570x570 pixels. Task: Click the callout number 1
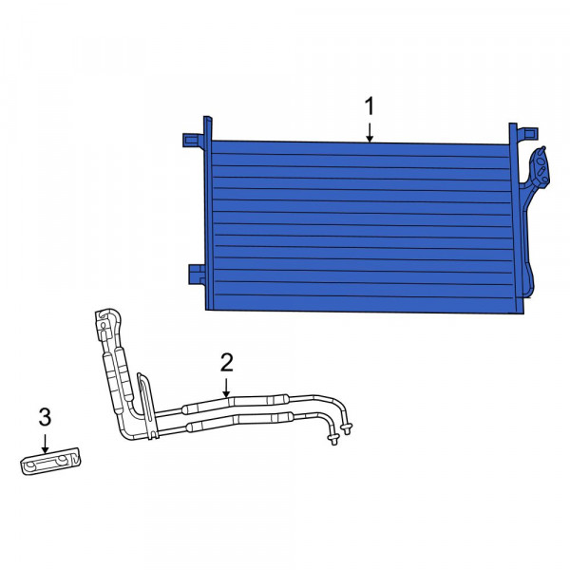tap(370, 105)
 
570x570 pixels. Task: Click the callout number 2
tap(227, 363)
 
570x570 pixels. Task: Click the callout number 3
tap(45, 417)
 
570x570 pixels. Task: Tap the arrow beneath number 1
tap(370, 132)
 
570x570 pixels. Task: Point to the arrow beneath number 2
tap(226, 388)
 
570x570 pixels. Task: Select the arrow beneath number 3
tap(45, 444)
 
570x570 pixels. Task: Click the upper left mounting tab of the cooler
tap(193, 140)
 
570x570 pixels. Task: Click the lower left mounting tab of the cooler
tap(197, 275)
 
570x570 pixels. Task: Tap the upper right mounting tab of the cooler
tap(527, 132)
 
